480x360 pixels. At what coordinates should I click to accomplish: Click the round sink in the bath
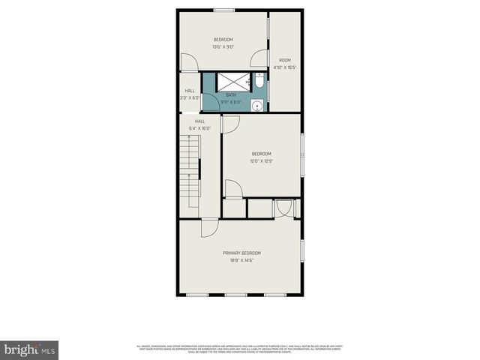coord(258,106)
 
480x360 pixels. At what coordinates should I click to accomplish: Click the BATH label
coord(231,95)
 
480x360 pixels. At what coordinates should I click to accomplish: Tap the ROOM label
coord(285,60)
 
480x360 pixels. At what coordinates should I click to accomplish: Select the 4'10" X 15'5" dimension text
coord(285,67)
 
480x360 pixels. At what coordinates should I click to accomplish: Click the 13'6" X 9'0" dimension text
coord(223,47)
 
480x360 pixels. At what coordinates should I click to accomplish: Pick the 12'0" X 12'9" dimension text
coord(262,160)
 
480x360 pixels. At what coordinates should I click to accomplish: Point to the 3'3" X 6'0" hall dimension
coord(190,97)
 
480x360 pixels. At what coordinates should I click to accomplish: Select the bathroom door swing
coord(211,102)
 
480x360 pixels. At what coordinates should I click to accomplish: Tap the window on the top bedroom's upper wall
coord(223,10)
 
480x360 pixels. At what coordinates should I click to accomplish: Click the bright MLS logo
coord(30,349)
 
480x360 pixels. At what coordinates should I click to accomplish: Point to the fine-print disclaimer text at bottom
coord(240,348)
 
